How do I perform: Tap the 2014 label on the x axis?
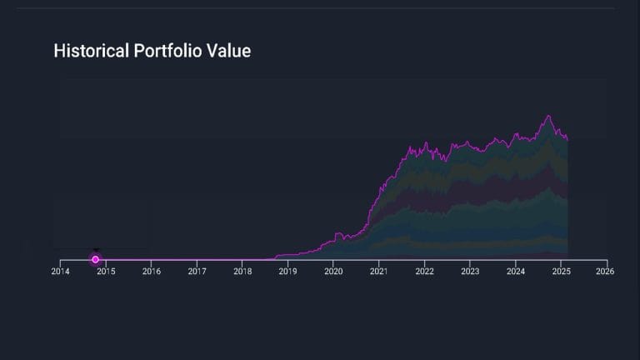[60, 272]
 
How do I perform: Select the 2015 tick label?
[106, 272]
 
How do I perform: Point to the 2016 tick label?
[151, 272]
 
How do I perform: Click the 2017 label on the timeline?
[197, 272]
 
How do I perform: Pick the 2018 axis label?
[242, 272]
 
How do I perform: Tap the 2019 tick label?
[287, 272]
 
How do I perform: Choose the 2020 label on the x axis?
[333, 272]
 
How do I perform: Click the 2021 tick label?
[378, 272]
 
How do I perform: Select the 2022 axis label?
[424, 272]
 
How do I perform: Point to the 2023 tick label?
[470, 272]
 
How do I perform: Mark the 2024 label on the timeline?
[515, 272]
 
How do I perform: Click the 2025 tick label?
[561, 272]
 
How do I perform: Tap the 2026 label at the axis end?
[606, 272]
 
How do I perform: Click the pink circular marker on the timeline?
[96, 259]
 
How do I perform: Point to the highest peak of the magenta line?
[548, 116]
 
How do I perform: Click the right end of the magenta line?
[567, 139]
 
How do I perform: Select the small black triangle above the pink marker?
[96, 250]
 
